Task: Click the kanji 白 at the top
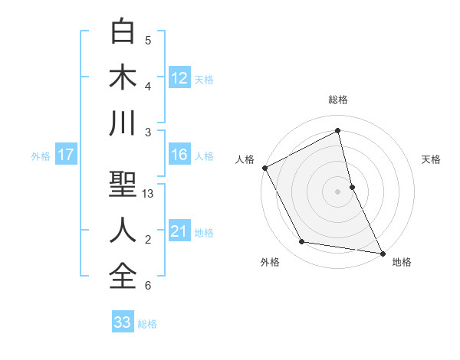tap(123, 31)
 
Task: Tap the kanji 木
tap(123, 77)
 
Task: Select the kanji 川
tap(123, 123)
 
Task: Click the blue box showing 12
tap(179, 77)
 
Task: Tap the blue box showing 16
tap(179, 155)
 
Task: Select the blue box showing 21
tap(179, 231)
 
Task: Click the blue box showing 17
tap(66, 155)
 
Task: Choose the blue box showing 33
tap(123, 322)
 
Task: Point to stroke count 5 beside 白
tap(148, 41)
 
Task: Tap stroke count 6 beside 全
tap(148, 286)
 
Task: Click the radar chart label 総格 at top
tap(338, 100)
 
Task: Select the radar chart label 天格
tap(432, 159)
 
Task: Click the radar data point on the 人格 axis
tap(264, 167)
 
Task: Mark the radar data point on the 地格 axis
tap(382, 252)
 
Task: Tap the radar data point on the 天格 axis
tap(352, 186)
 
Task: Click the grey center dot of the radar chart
tap(338, 191)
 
